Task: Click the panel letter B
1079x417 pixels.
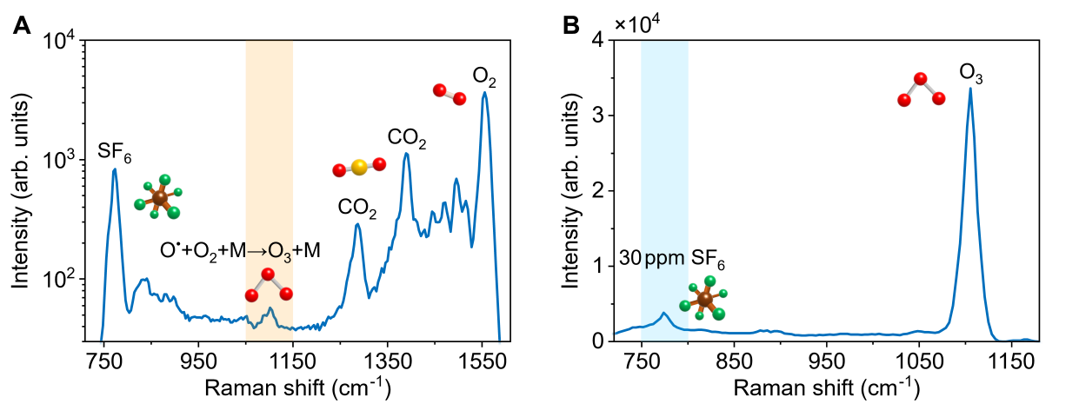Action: (x=571, y=26)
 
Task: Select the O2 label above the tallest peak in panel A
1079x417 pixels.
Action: (x=484, y=76)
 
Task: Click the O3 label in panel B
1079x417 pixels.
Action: (x=971, y=72)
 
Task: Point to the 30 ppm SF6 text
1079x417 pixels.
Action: (x=672, y=258)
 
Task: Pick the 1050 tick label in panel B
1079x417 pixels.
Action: (x=920, y=359)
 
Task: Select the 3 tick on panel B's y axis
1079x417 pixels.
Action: (x=599, y=116)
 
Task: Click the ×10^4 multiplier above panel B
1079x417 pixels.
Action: (x=638, y=23)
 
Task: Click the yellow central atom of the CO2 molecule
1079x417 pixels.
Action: (x=359, y=167)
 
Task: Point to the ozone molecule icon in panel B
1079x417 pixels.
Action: (x=921, y=90)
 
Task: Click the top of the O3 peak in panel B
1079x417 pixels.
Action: (x=969, y=89)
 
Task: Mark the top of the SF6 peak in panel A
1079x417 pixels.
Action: (x=114, y=169)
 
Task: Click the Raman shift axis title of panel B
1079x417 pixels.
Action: (x=826, y=387)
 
